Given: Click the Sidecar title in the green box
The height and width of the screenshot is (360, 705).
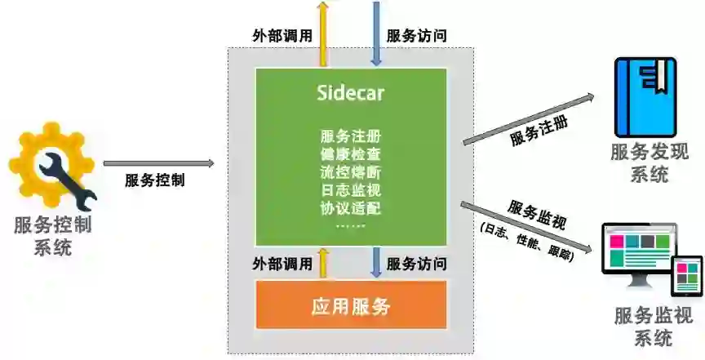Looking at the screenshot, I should (x=351, y=93).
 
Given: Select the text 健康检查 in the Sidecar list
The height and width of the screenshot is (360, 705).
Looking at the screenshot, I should (x=351, y=153).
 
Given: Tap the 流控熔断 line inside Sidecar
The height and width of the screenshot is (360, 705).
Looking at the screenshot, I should (x=351, y=171).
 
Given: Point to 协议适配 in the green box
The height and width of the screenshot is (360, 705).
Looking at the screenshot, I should (x=351, y=207).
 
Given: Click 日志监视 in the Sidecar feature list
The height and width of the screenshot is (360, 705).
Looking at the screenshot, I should (x=351, y=189).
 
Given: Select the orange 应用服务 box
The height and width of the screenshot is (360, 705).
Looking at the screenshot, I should (x=351, y=307).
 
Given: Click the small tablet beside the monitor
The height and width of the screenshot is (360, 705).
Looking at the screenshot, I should (x=687, y=275).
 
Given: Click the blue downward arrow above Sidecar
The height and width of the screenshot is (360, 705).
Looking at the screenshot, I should (x=376, y=33).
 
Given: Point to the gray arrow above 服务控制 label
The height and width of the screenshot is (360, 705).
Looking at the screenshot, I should (x=158, y=164).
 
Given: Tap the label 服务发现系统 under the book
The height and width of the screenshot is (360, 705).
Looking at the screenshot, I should (x=649, y=162).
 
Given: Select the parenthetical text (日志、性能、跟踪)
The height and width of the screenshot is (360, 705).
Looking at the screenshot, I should (x=527, y=242).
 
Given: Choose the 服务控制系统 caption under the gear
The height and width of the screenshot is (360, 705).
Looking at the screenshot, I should (x=52, y=235).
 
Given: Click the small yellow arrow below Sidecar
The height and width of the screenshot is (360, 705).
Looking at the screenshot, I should (x=324, y=262).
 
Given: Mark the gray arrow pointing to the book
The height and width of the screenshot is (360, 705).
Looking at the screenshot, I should (x=530, y=119).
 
